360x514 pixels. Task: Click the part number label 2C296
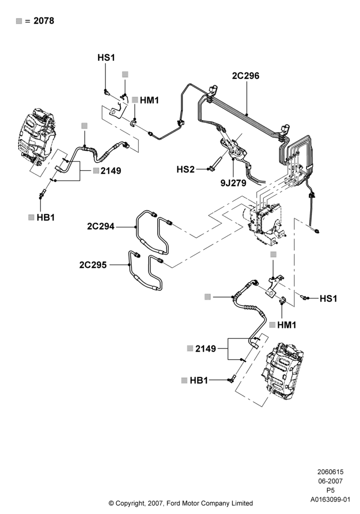coord(246,76)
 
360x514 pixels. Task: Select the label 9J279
coord(233,182)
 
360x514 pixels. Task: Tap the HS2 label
coord(186,169)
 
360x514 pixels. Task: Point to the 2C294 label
coord(101,226)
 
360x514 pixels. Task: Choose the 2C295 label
coord(93,265)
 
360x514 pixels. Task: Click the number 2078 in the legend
coord(44,21)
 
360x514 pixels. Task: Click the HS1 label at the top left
coord(106,58)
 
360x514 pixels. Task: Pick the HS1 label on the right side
coord(328,298)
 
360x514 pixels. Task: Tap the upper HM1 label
coord(150,100)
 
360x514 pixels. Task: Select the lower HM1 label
coord(286,325)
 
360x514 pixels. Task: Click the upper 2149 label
coord(111,171)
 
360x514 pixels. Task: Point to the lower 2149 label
coord(206,349)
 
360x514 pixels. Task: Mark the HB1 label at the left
coord(46,217)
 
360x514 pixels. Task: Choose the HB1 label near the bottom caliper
coord(199,380)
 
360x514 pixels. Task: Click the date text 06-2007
coord(330,481)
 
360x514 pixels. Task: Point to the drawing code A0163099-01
coord(330,500)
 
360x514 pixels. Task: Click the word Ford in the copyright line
coord(174,503)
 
